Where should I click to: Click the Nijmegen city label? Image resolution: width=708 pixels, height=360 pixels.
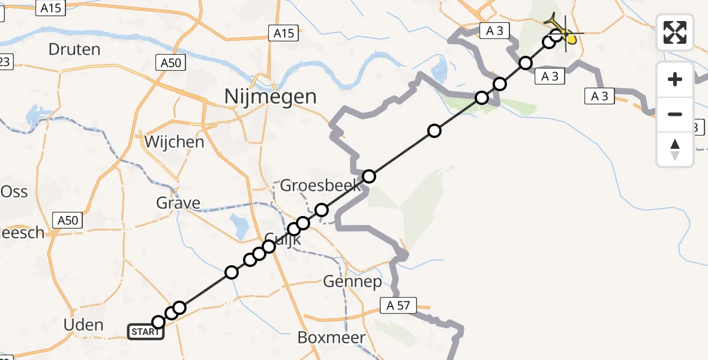pos(270,96)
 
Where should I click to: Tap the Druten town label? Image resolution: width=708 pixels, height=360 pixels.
pos(74,49)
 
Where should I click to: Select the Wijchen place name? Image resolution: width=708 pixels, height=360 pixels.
pos(174,142)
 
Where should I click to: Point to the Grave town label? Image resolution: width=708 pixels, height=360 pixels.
pos(178,203)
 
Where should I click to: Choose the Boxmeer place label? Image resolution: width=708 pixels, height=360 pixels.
pos(332,338)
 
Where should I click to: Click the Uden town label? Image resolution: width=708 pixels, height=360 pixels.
pos(83,325)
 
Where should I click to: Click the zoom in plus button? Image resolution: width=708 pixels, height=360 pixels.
pos(675,79)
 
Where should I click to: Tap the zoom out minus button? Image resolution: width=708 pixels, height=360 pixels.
pos(675,114)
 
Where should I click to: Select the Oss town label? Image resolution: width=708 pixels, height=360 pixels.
pos(14,191)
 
